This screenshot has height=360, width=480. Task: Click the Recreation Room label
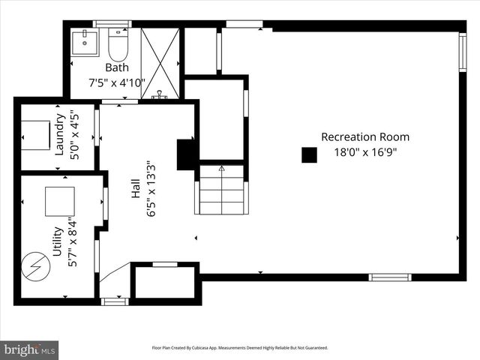[x=365, y=136]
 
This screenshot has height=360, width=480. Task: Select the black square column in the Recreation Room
[x=309, y=154]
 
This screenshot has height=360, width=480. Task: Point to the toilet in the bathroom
[x=118, y=45]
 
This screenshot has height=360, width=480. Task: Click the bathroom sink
[x=85, y=39]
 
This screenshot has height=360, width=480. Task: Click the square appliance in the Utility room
[x=60, y=201]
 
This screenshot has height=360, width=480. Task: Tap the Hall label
[x=135, y=187]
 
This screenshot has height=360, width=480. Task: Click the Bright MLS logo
[x=30, y=349]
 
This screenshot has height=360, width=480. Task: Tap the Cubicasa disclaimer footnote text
[x=240, y=348]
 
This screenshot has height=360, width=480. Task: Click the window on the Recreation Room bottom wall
[x=390, y=277]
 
